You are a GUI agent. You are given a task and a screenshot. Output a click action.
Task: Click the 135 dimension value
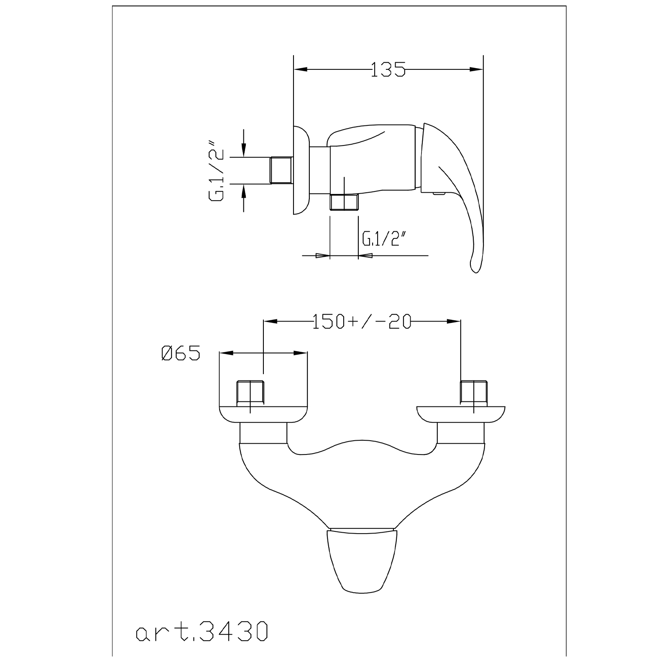click(x=388, y=69)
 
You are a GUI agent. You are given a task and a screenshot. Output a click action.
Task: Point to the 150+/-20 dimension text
click(x=362, y=322)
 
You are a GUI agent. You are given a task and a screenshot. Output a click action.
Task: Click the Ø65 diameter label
click(x=181, y=353)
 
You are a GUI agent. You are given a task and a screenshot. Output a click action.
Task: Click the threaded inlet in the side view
click(x=281, y=170)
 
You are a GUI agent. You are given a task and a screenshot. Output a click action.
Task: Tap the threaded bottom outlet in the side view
click(x=344, y=202)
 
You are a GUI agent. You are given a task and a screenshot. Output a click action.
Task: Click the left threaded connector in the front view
click(x=250, y=393)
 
